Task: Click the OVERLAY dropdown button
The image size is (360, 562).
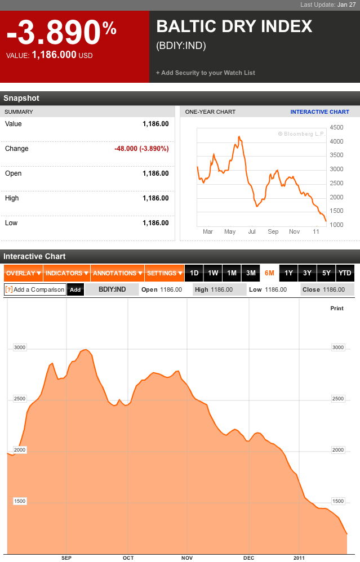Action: [23, 273]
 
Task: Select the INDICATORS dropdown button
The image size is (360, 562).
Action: [66, 273]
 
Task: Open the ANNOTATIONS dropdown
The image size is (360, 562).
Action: [117, 273]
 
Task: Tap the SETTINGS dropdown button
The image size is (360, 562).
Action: [164, 273]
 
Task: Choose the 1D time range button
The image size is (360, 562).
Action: [194, 273]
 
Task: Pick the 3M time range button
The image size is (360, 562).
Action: [251, 273]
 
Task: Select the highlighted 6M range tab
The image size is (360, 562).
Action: [269, 273]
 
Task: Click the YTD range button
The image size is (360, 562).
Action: [344, 273]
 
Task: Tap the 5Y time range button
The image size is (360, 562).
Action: [326, 273]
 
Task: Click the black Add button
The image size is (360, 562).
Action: [75, 289]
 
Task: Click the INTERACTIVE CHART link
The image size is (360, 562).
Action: [319, 111]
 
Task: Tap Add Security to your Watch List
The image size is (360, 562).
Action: [206, 73]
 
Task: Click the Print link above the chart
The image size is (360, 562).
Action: [336, 308]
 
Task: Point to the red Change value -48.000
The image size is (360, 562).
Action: [141, 149]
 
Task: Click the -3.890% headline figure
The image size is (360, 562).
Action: [61, 34]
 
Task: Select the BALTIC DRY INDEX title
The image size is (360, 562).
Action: [234, 26]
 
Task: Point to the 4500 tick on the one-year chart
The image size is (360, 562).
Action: [336, 127]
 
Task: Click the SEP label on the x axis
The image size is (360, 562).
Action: [66, 557]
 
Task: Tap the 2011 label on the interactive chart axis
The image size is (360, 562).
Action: [299, 557]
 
